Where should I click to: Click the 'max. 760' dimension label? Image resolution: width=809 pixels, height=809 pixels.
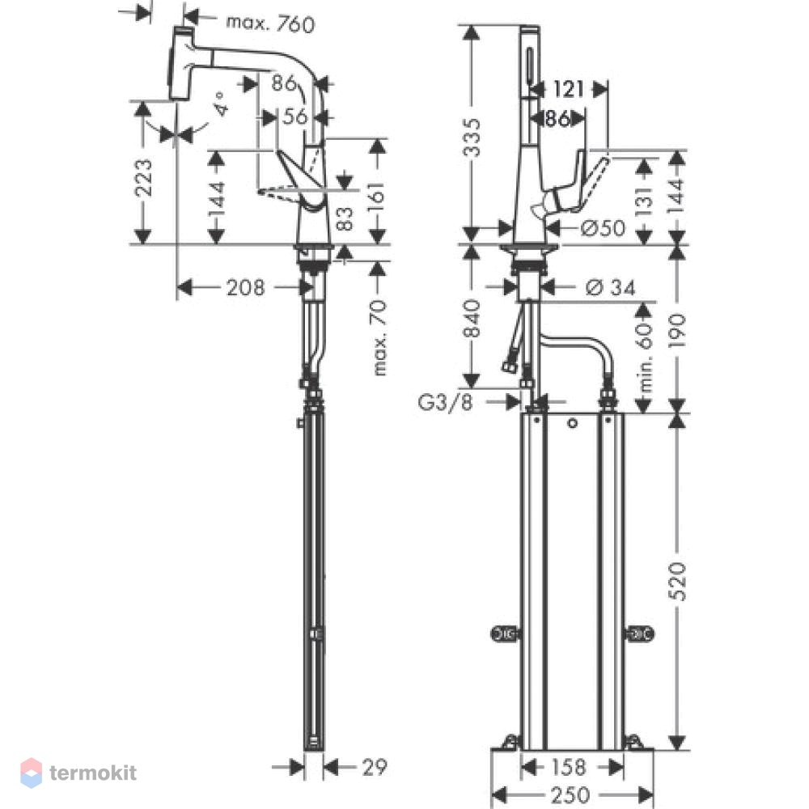tap(270, 23)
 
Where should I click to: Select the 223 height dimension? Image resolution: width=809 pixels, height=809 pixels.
tap(143, 178)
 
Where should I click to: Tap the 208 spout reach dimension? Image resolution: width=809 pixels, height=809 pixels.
tap(246, 287)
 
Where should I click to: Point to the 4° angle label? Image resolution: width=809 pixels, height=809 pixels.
tap(220, 104)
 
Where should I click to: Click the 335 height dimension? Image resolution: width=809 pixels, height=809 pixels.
tap(472, 138)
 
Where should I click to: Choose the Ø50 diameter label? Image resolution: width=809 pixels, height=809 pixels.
tap(603, 227)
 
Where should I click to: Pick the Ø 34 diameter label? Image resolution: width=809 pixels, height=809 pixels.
tap(611, 287)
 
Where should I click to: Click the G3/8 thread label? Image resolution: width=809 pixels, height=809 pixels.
tap(445, 401)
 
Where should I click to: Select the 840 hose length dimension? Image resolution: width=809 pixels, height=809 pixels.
tap(472, 319)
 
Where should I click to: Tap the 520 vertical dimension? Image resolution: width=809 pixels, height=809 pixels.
tap(677, 582)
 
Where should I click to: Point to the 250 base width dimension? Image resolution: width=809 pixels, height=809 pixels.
tap(570, 794)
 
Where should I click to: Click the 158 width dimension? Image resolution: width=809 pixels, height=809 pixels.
tap(569, 767)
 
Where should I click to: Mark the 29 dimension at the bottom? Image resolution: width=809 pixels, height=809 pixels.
tap(374, 767)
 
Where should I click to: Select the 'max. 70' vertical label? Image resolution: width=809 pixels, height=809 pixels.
tap(379, 337)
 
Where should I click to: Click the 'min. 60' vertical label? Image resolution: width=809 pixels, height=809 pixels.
tap(645, 358)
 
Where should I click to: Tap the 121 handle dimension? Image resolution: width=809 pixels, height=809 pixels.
tap(569, 89)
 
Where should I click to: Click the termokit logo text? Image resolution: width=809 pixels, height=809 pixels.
tap(93, 773)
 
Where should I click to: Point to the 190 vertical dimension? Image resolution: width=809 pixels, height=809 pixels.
tap(677, 330)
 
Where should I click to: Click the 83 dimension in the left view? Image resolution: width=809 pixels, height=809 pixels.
tap(345, 218)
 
